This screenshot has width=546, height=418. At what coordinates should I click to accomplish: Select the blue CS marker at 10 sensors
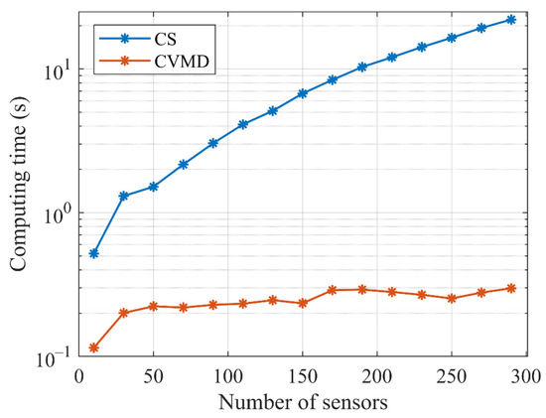[94, 253]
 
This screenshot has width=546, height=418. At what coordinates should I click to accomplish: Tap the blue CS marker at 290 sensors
[510, 20]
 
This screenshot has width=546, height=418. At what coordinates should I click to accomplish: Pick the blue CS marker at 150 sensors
[303, 93]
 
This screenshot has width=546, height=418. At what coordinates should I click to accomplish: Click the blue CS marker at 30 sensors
[124, 196]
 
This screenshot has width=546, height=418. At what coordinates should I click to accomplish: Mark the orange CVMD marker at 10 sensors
[94, 348]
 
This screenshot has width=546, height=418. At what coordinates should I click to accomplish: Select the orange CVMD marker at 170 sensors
[333, 290]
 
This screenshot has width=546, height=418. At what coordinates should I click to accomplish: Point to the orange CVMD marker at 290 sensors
[510, 288]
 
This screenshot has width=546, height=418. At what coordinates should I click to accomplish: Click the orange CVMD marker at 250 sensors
[452, 298]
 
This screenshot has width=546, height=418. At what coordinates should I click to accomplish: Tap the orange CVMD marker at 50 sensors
[154, 306]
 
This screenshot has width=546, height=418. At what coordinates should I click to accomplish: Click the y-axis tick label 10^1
[57, 70]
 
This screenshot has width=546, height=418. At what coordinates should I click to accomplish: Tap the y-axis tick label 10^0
[57, 213]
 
